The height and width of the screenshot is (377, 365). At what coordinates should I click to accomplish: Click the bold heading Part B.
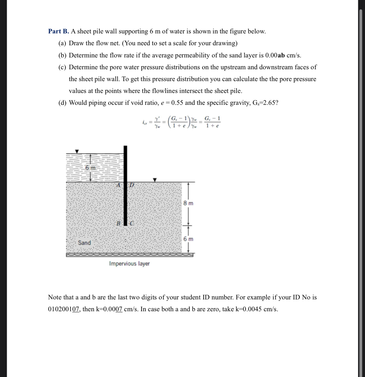pyautogui.click(x=58, y=31)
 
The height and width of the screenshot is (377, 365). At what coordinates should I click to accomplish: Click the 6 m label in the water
pyautogui.click(x=90, y=168)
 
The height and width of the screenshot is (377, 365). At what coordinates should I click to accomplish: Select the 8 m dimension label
pyautogui.click(x=188, y=203)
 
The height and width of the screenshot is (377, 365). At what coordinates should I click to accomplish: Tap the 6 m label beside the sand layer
pyautogui.click(x=188, y=239)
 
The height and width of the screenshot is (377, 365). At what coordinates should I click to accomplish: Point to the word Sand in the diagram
pyautogui.click(x=84, y=243)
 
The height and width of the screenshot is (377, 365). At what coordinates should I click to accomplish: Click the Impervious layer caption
pyautogui.click(x=129, y=263)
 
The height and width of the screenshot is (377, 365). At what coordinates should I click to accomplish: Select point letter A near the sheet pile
pyautogui.click(x=118, y=185)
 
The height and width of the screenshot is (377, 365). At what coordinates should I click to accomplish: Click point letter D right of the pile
pyautogui.click(x=132, y=185)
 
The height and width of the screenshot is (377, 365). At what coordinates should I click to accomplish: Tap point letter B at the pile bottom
pyautogui.click(x=118, y=223)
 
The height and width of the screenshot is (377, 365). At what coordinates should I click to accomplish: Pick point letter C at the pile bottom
pyautogui.click(x=131, y=223)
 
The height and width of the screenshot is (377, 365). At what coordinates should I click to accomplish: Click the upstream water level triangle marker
pyautogui.click(x=77, y=151)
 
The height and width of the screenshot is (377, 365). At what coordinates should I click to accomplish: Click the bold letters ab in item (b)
pyautogui.click(x=281, y=56)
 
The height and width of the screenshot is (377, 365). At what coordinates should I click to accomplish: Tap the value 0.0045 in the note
pyautogui.click(x=252, y=309)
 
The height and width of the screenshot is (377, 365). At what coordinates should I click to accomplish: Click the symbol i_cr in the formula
pyautogui.click(x=144, y=123)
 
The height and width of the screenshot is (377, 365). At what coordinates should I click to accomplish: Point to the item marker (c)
pyautogui.click(x=62, y=67)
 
